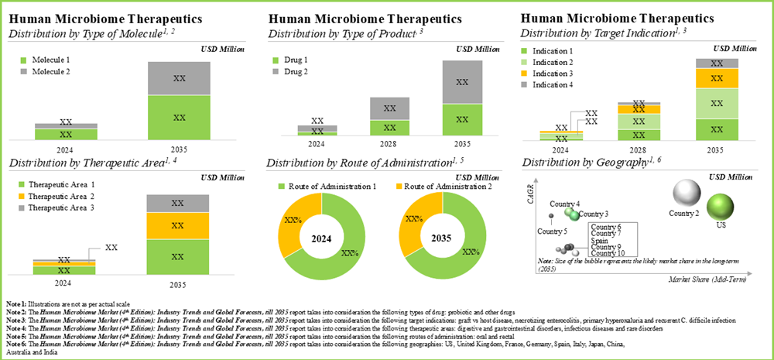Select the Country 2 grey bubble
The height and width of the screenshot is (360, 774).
685,193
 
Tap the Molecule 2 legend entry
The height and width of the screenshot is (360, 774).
51,71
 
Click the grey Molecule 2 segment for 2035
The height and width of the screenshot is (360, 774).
179,78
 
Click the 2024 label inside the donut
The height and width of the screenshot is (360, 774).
322,238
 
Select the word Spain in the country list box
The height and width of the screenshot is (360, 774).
599,240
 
